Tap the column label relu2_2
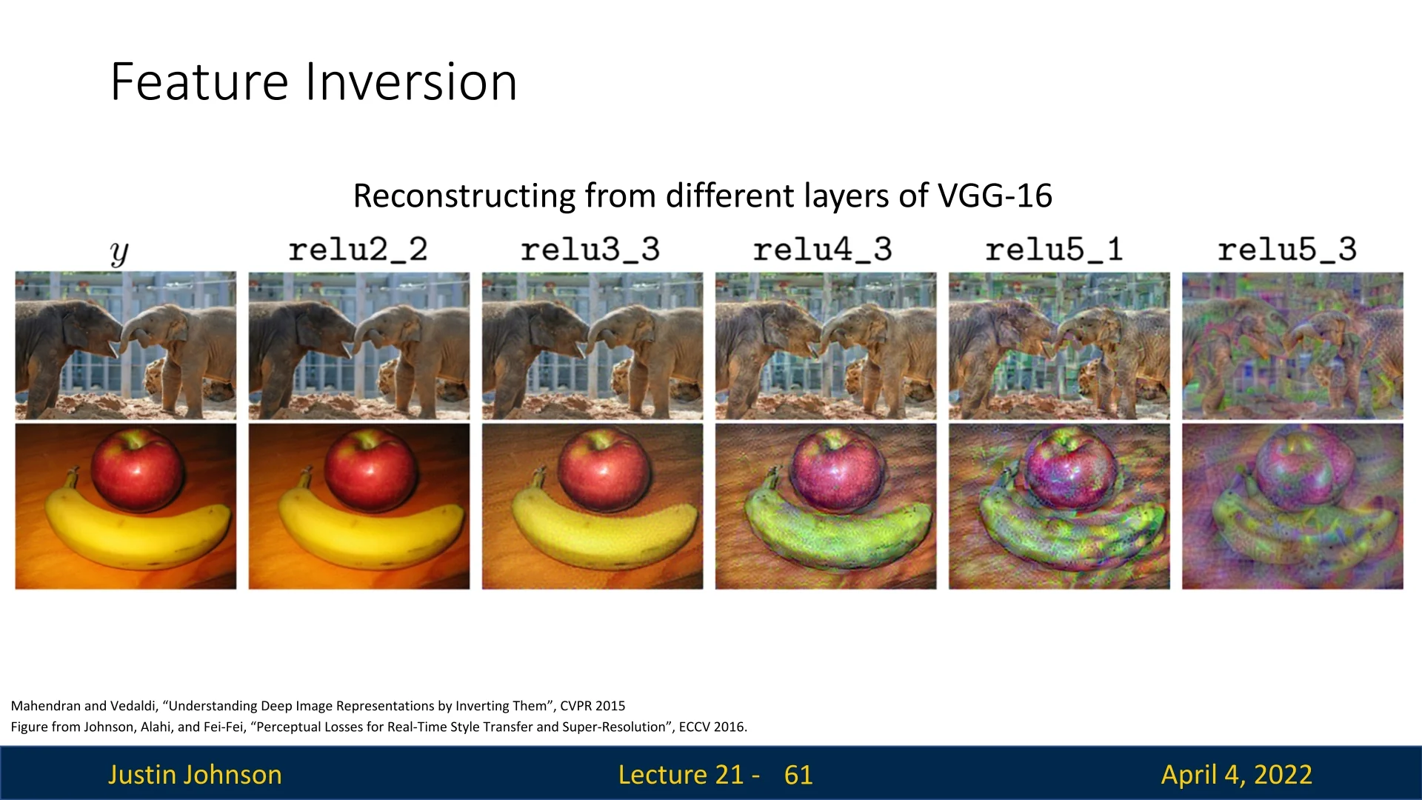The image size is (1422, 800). pos(358,250)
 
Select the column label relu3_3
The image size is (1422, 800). pos(590,250)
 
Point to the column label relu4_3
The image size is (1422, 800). pos(823,250)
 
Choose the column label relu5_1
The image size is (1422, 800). pos(1055,250)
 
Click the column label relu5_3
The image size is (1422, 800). pos(1287,250)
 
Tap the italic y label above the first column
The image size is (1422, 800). pos(119,253)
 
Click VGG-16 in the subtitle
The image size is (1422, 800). pos(995,196)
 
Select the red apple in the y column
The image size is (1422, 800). pos(138,470)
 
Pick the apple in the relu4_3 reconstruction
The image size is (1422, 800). pos(838,470)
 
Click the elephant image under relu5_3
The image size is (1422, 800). pos(1292,346)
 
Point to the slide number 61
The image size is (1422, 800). pos(798,775)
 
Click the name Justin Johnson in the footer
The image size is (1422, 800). pos(195,775)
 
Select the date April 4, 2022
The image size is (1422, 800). pos(1237,775)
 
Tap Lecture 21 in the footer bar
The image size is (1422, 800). pos(681,775)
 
